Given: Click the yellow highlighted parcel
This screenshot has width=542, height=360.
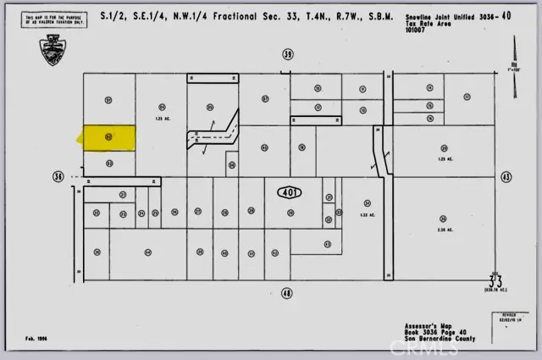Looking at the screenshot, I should point(108,137).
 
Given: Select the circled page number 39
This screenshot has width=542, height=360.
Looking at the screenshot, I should point(288,54).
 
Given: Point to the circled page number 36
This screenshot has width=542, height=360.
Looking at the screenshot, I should point(58,177).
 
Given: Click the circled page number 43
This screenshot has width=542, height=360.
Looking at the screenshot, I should point(506,177).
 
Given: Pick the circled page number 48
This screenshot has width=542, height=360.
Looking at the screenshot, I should point(287,293).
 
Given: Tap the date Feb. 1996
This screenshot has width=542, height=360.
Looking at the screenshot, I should point(36,337).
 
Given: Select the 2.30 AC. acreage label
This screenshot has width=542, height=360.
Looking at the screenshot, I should point(430,230).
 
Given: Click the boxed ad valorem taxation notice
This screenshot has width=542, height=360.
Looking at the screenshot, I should point(56,20).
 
